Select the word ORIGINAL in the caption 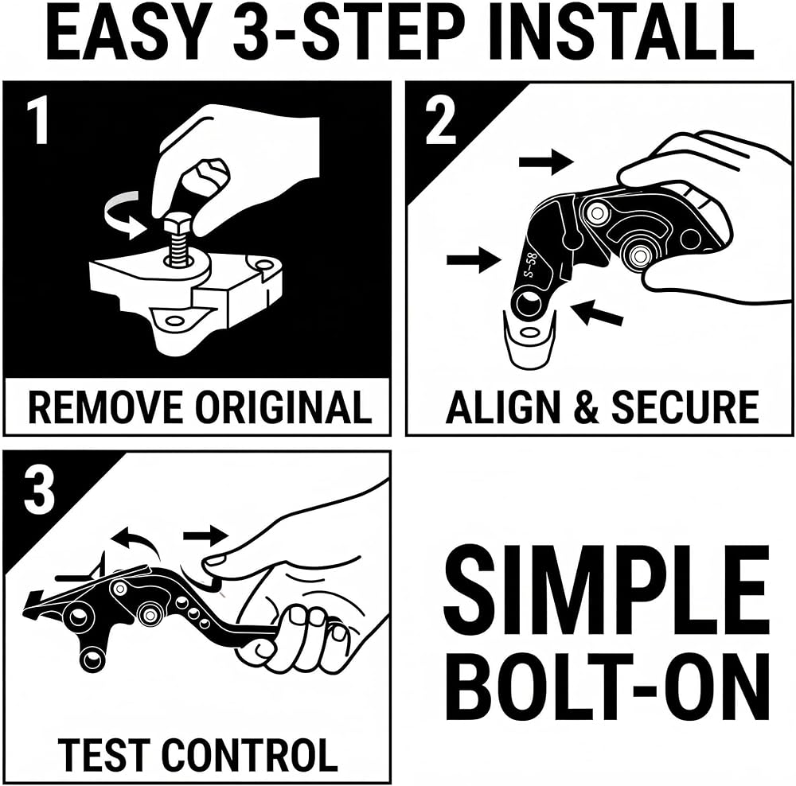pyautogui.click(x=284, y=407)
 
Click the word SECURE pyautogui.click(x=685, y=407)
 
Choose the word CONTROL pyautogui.click(x=250, y=754)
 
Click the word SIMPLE pyautogui.click(x=607, y=588)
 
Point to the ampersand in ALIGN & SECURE pyautogui.click(x=589, y=407)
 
